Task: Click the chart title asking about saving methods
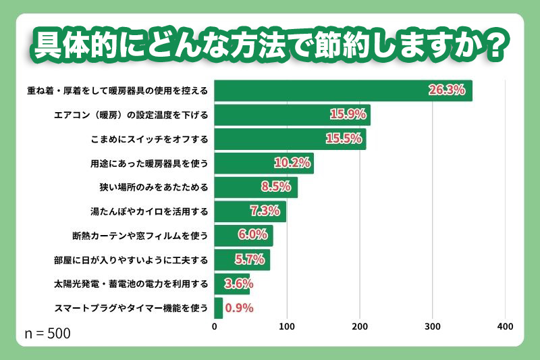click(270, 45)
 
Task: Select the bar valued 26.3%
click(343, 91)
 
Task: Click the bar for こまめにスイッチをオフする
click(290, 139)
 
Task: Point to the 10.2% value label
click(292, 163)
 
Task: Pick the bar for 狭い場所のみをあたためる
click(255, 187)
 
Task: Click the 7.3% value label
click(265, 211)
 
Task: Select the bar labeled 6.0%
click(243, 235)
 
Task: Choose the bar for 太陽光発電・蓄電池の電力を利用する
click(232, 284)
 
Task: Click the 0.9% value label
click(239, 308)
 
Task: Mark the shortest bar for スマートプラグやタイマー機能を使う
click(218, 308)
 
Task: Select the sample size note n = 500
click(47, 334)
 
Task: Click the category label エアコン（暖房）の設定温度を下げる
click(131, 115)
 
